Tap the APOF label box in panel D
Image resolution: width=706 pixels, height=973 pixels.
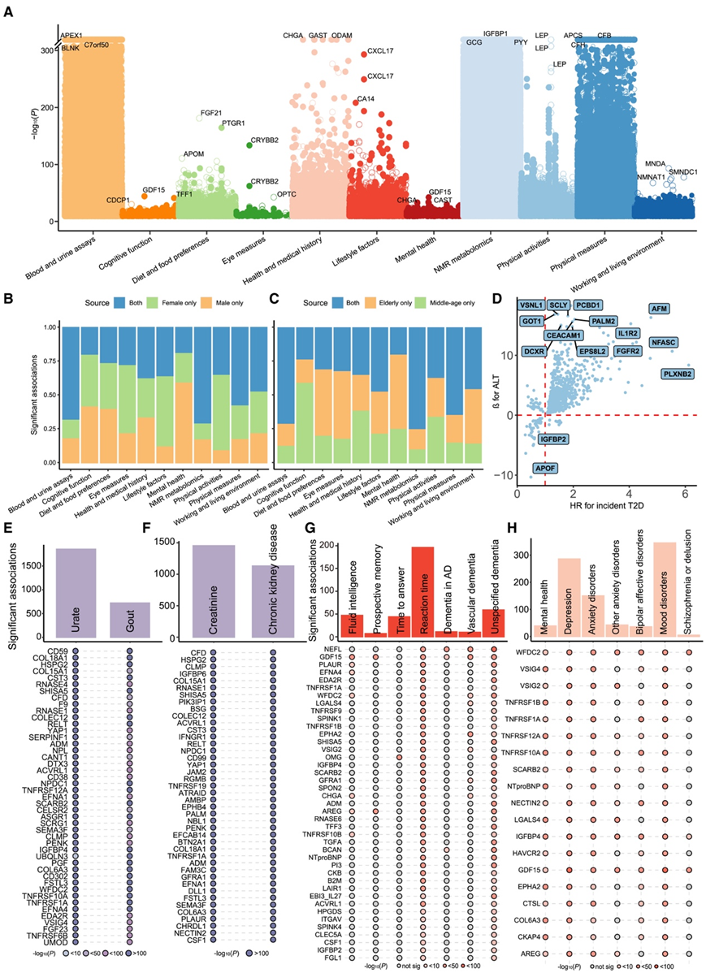tap(543, 468)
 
